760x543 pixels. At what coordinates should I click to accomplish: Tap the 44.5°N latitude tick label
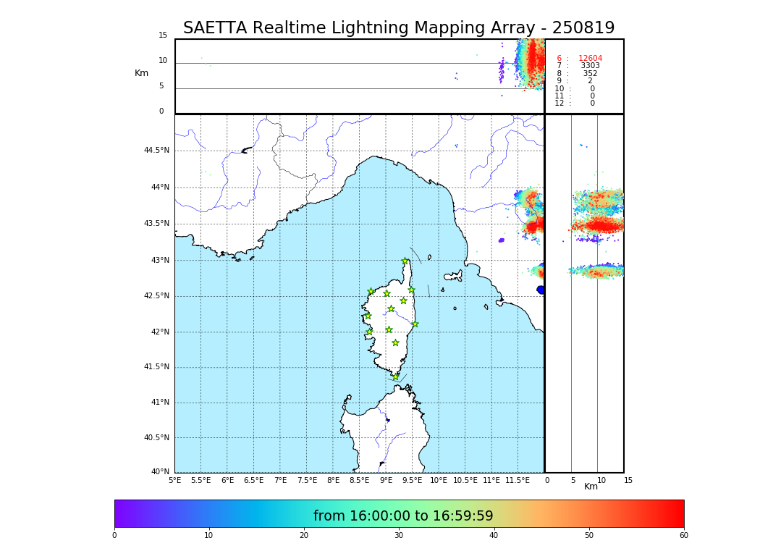click(156, 151)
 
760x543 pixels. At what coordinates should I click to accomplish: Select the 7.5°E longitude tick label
click(307, 480)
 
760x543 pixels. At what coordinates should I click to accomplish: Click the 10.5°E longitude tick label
click(465, 480)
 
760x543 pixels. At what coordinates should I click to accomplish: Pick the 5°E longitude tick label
click(175, 480)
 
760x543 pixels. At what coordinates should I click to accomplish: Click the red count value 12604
click(590, 59)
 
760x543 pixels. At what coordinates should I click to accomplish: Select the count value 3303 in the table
click(590, 66)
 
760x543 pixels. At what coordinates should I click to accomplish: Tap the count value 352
click(590, 74)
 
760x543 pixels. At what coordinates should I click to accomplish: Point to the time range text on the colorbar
click(403, 516)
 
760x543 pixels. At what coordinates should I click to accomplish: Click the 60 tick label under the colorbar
click(683, 535)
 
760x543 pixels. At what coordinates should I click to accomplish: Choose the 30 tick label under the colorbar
click(399, 535)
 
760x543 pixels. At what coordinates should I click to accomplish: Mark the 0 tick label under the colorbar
click(114, 535)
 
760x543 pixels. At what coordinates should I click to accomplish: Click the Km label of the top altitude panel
click(141, 73)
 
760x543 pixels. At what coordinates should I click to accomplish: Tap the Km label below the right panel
click(591, 487)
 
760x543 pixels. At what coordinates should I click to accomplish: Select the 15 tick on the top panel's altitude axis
click(163, 35)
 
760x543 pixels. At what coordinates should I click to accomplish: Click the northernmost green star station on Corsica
click(405, 261)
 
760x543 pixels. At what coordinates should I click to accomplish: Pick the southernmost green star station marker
click(396, 376)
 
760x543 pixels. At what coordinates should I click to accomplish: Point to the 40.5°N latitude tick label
click(156, 438)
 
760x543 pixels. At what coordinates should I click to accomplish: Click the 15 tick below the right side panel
click(628, 480)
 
